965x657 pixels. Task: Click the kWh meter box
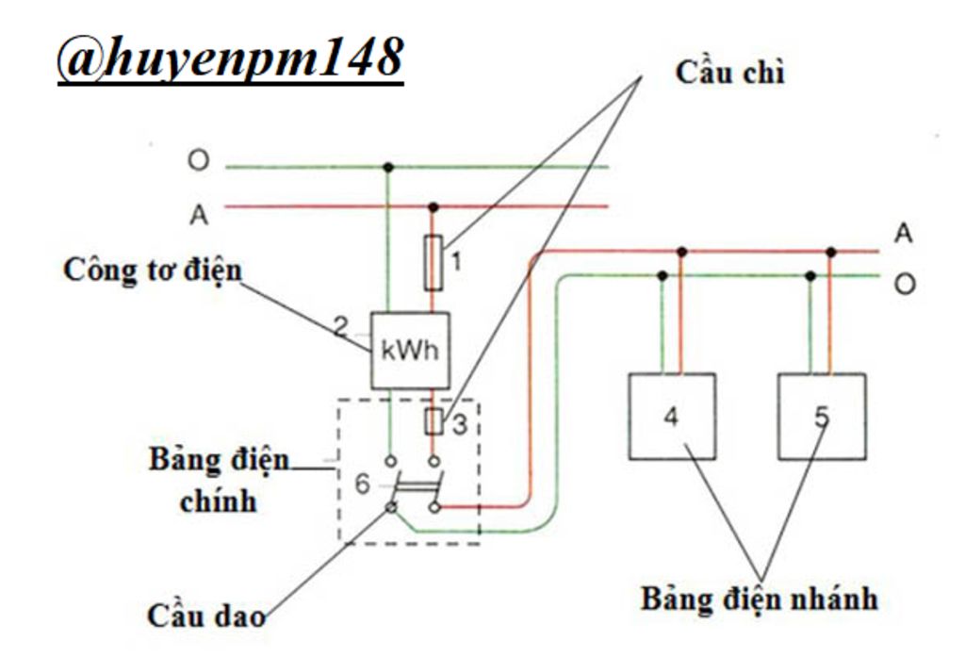click(409, 351)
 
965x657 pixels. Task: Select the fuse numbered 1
click(433, 263)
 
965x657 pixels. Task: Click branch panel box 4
click(672, 416)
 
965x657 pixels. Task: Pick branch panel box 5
click(822, 416)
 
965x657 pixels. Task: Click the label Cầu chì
click(729, 74)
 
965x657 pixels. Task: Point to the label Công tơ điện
click(152, 271)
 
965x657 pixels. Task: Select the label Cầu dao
click(205, 616)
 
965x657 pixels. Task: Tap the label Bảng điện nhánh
click(759, 598)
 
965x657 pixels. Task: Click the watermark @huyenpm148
click(230, 59)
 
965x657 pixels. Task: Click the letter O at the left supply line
click(197, 161)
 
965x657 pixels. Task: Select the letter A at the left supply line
click(198, 215)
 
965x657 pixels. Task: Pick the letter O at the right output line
click(904, 284)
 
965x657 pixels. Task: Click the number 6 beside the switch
click(363, 485)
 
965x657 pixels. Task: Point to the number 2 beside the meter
click(340, 328)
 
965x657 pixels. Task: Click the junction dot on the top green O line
click(387, 168)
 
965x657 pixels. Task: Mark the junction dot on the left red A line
click(433, 206)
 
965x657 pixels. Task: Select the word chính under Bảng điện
click(218, 500)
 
